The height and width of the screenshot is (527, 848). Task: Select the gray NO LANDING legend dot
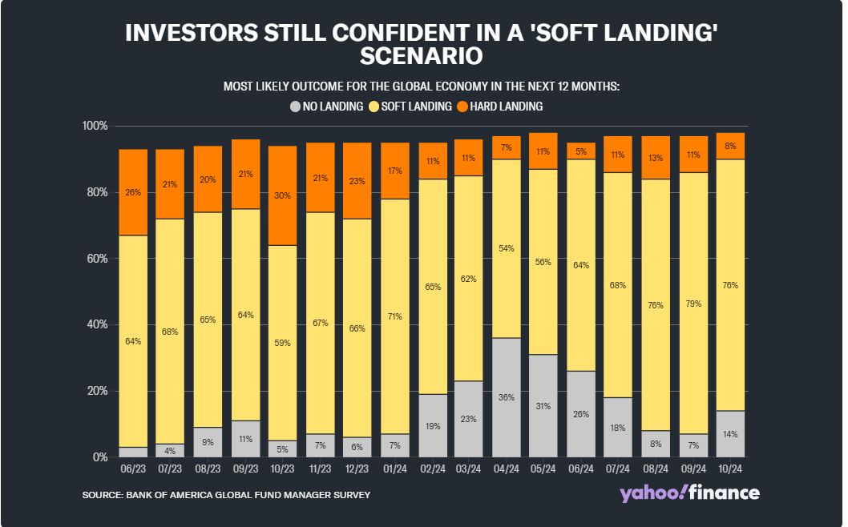296,106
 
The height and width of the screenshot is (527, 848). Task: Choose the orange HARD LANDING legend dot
462,106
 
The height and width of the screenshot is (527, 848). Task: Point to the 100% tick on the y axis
95,127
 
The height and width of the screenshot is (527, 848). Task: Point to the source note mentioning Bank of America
226,495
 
